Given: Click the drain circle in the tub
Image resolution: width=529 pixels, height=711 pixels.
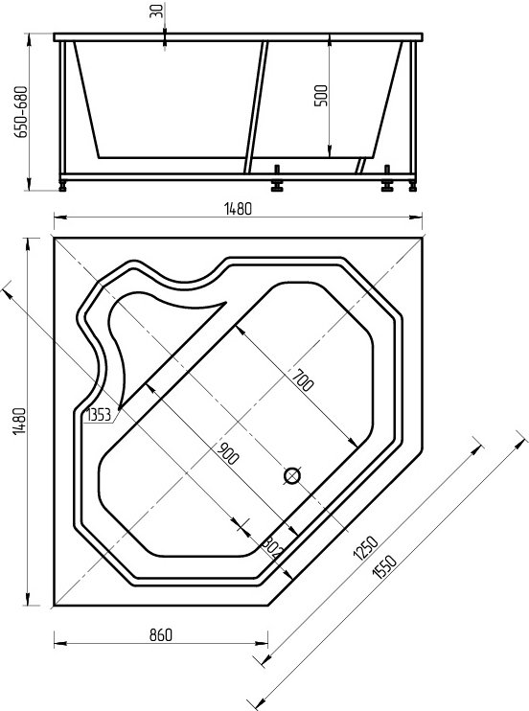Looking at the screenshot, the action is (292, 475).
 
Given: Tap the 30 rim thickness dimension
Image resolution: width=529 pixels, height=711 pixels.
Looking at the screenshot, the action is (156, 11).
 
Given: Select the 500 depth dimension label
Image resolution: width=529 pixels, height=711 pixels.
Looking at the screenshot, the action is (321, 95).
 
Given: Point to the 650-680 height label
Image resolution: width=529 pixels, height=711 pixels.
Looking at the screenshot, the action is (21, 111).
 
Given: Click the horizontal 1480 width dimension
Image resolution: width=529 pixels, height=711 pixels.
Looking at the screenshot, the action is (238, 209).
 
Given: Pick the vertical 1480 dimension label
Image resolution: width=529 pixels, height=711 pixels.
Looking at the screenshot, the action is (20, 422).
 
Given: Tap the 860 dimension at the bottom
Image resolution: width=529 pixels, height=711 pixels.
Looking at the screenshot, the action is (161, 634).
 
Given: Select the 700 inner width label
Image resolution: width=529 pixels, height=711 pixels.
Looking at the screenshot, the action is (303, 380).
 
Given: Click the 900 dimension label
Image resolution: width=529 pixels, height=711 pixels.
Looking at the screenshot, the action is (227, 453).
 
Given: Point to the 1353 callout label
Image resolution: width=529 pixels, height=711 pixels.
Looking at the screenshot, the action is (99, 415).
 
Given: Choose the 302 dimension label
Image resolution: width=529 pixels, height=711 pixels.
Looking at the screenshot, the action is (272, 547).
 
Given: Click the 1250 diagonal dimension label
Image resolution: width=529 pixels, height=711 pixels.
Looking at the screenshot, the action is (365, 548).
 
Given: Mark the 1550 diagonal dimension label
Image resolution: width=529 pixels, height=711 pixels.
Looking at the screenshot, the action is (384, 566).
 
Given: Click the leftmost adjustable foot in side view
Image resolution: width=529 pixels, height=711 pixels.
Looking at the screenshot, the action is (62, 185).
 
